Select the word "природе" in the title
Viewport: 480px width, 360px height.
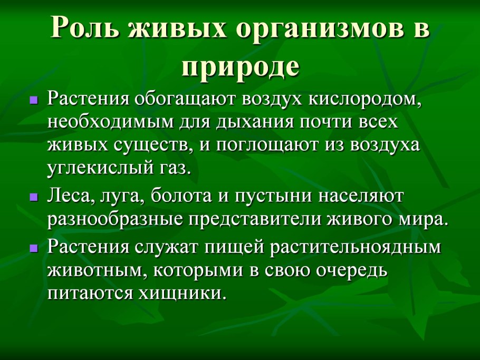pyautogui.click(x=241, y=66)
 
